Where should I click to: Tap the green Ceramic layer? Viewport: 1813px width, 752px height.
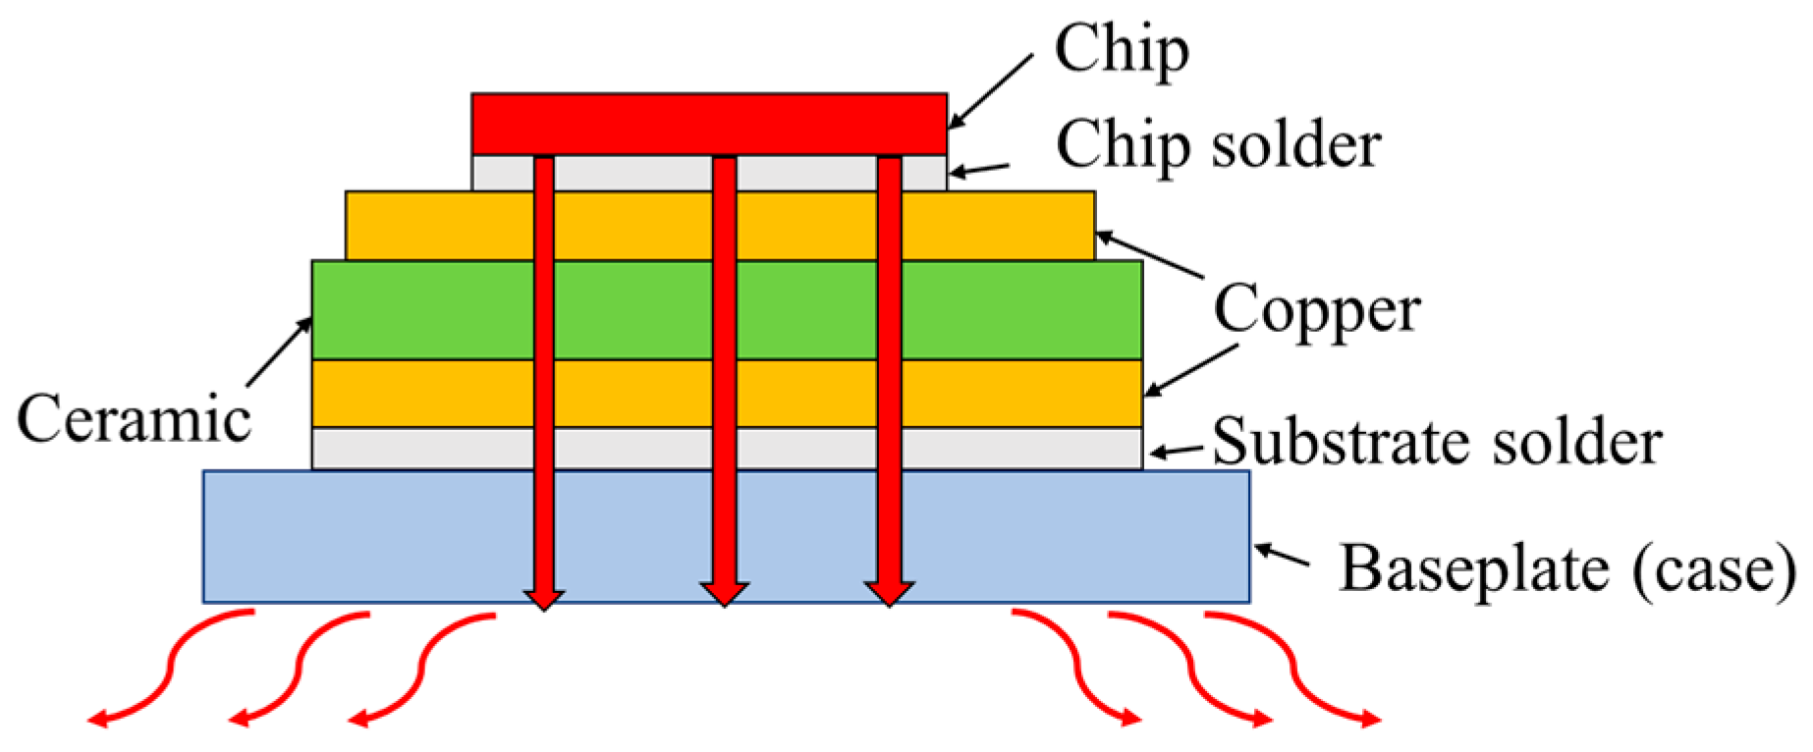coord(422,309)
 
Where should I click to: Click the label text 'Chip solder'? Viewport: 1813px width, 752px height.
coord(1218,145)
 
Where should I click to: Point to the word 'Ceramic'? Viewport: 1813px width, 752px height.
coord(135,419)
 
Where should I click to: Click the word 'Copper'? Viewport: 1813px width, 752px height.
coord(1316,310)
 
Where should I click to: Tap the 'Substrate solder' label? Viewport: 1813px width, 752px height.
coord(1437,442)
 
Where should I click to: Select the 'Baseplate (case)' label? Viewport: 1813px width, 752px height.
coord(1567,568)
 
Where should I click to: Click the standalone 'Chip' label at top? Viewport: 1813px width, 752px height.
coord(1122,49)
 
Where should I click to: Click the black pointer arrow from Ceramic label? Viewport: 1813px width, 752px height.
coord(279,352)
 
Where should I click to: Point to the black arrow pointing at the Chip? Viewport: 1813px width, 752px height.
coord(990,91)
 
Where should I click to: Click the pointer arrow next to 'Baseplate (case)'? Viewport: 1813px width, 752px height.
coord(1282,555)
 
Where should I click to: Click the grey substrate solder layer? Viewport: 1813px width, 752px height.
coord(422,449)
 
